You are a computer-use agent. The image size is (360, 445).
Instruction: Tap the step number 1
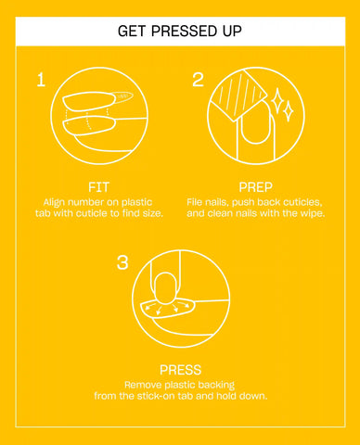41,80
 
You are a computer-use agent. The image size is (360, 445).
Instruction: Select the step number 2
198,80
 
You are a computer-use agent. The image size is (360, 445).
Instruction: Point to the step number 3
122,262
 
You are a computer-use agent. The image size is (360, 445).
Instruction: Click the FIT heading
99,187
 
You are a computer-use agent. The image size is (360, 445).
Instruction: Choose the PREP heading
255,187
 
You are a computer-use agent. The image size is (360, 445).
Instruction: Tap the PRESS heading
180,370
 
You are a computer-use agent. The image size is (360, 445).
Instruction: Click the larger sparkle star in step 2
277,100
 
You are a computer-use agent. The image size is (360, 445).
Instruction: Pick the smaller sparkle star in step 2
289,110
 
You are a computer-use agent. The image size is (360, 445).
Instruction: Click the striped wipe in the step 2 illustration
239,95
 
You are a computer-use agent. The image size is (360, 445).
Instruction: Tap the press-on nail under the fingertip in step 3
167,308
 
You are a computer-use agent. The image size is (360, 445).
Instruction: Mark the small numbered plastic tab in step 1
122,96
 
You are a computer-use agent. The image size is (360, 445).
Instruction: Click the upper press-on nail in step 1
89,101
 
